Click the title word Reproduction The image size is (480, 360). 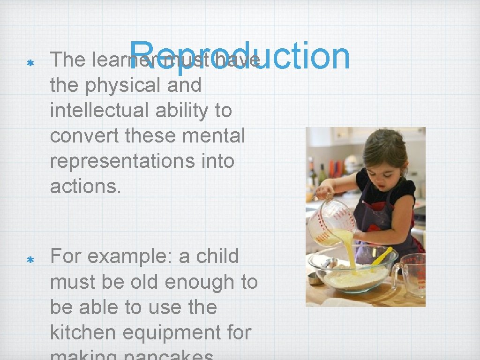(240, 57)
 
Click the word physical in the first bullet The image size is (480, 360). (133, 85)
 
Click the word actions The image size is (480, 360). (85, 187)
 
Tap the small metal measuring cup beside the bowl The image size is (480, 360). (315, 278)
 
